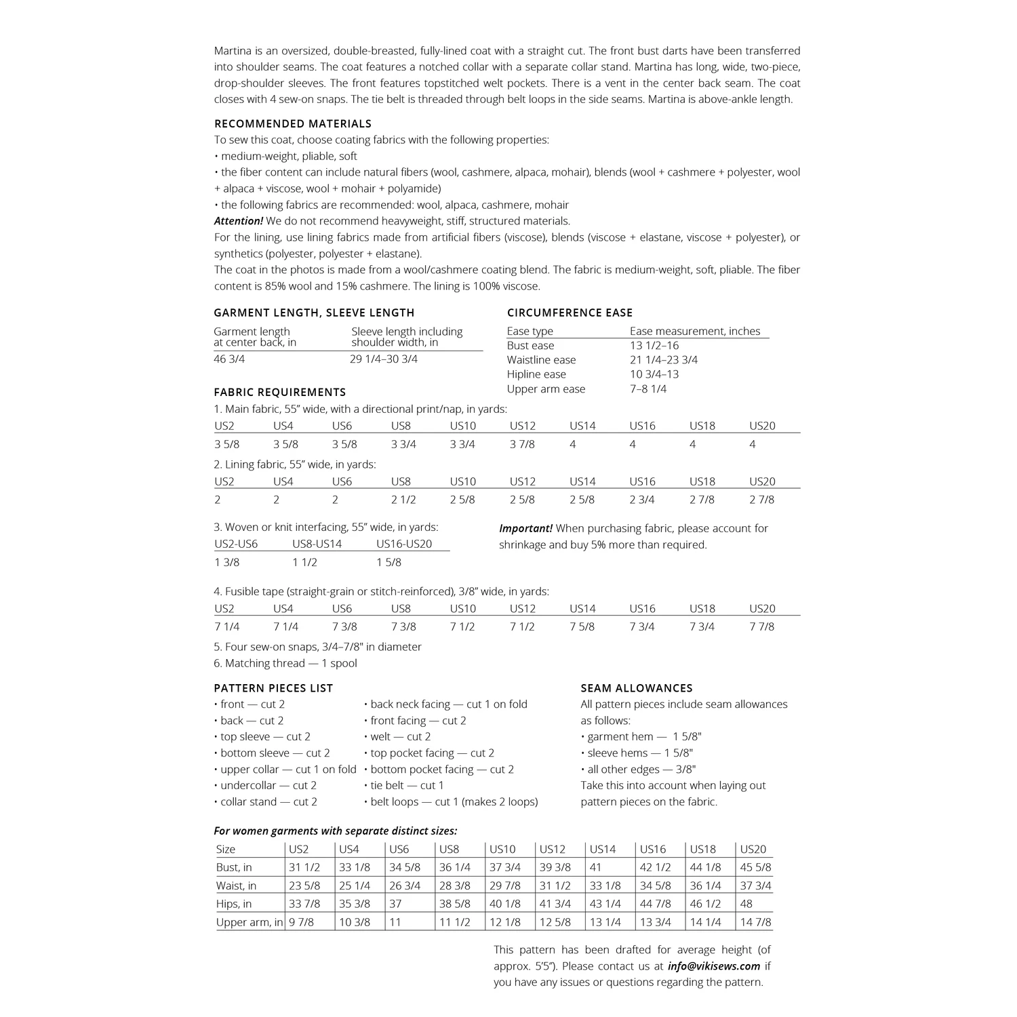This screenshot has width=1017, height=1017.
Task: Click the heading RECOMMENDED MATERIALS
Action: (293, 123)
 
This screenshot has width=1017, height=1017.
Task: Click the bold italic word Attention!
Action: (238, 221)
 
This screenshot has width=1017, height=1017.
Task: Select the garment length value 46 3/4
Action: (229, 359)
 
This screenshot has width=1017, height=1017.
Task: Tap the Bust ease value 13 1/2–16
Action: (654, 346)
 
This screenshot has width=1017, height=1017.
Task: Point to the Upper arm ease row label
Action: (546, 389)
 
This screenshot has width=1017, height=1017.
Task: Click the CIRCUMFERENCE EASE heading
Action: (570, 313)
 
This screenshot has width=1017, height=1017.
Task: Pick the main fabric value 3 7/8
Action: (522, 444)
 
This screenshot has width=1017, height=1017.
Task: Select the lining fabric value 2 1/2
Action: (403, 500)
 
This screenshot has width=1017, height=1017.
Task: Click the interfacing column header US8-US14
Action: (317, 544)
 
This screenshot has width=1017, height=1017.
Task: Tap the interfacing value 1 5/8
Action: (388, 562)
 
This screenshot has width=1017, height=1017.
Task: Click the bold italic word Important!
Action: (526, 528)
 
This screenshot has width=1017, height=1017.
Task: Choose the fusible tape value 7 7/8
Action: (761, 626)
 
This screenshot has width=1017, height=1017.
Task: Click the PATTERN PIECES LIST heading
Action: (273, 688)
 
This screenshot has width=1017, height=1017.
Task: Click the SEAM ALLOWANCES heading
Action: (637, 688)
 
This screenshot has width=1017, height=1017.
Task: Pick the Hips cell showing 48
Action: (746, 904)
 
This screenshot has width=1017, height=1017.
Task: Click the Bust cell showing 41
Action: (595, 867)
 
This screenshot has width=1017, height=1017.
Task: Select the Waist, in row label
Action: (236, 885)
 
